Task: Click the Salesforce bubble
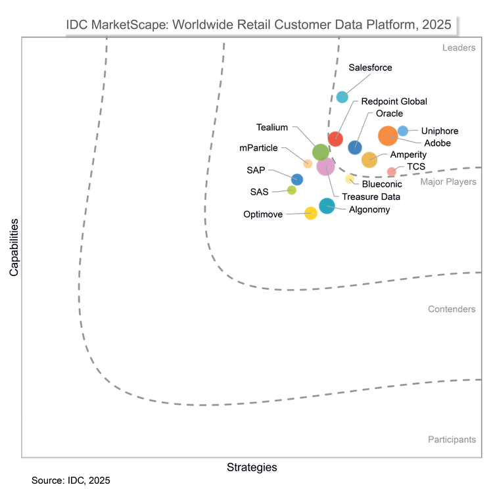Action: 342,97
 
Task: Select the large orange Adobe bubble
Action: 388,135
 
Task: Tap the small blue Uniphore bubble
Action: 403,131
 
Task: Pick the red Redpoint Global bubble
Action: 335,139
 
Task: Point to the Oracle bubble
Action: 355,147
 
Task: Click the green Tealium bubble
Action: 320,152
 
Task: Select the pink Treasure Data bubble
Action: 325,166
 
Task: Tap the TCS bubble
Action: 391,172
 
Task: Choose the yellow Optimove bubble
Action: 311,213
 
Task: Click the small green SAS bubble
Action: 292,191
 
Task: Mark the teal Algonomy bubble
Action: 327,206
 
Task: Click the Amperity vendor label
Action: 408,154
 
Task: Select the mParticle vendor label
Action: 258,148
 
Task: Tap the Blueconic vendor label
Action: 382,184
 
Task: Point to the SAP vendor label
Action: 256,170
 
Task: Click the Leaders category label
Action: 459,48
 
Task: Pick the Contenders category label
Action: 452,309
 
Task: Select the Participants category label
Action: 452,440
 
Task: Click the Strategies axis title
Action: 252,467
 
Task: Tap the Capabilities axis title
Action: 13,251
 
